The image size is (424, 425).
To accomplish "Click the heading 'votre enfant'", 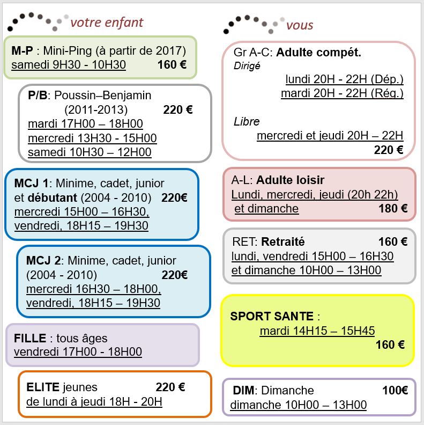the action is (107, 23).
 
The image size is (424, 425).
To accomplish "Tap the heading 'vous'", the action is (300, 25).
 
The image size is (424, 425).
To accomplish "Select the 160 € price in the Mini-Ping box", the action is (172, 65).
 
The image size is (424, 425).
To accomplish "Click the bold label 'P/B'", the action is (38, 96).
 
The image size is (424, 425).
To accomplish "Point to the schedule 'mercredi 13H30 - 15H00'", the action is (92, 138).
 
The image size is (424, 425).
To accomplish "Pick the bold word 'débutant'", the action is (52, 198).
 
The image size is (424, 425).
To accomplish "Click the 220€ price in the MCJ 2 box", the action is (175, 275).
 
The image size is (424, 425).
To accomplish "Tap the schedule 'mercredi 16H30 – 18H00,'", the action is (94, 289).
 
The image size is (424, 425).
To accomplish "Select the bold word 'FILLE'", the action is (30, 338).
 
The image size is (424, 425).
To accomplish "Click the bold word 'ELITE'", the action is (43, 387).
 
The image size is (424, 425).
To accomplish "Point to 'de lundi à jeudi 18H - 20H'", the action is (94, 402).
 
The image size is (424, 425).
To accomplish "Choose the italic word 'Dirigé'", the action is (247, 66).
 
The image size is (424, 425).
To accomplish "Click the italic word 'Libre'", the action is (247, 122).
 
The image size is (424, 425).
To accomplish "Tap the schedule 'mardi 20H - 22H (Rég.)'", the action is (342, 93).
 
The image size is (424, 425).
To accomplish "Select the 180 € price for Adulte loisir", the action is (393, 208).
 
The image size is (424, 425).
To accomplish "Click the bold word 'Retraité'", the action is (283, 242).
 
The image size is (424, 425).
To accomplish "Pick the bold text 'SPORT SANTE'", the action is (272, 316).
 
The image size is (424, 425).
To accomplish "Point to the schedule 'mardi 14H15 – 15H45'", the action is (317, 331).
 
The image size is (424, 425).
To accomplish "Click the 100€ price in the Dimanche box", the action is (395, 390).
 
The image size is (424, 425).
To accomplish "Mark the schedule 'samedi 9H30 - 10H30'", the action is (69, 65).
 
